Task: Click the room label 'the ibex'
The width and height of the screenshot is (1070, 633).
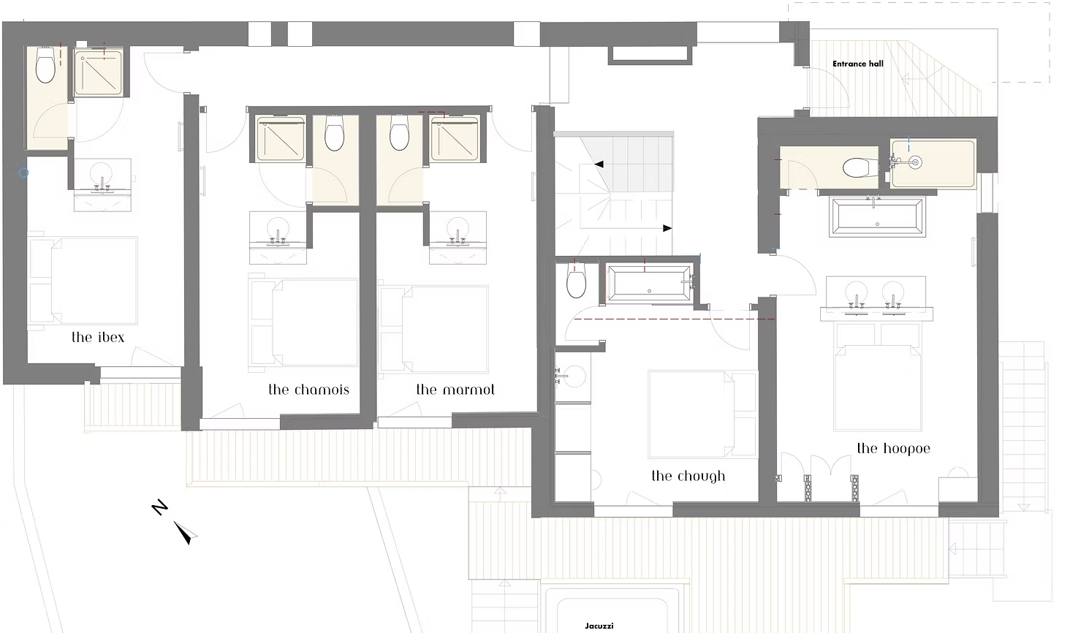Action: [98, 337]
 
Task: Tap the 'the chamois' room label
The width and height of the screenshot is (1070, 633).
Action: [308, 390]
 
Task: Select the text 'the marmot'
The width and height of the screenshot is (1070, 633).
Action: [455, 390]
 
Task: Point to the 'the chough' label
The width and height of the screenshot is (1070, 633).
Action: [688, 477]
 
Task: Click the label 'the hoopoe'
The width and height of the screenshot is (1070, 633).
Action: [893, 449]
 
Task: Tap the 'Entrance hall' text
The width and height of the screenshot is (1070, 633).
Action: [858, 64]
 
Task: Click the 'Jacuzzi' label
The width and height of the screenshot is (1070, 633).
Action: [599, 626]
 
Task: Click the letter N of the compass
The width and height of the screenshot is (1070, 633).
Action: [160, 507]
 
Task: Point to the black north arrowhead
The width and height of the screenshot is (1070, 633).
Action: [186, 533]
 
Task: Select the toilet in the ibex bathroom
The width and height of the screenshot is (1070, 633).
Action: [45, 68]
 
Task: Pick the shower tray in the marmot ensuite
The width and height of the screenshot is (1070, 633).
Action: [455, 139]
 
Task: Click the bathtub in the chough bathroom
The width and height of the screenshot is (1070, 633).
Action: [649, 283]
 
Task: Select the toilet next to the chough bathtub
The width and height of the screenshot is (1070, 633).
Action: [576, 281]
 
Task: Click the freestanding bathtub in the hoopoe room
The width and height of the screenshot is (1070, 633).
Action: [878, 216]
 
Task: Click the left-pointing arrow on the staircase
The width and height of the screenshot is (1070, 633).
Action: [599, 164]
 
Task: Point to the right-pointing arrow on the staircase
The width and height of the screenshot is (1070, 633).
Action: [667, 228]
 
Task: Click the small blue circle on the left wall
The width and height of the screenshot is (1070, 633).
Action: [23, 173]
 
